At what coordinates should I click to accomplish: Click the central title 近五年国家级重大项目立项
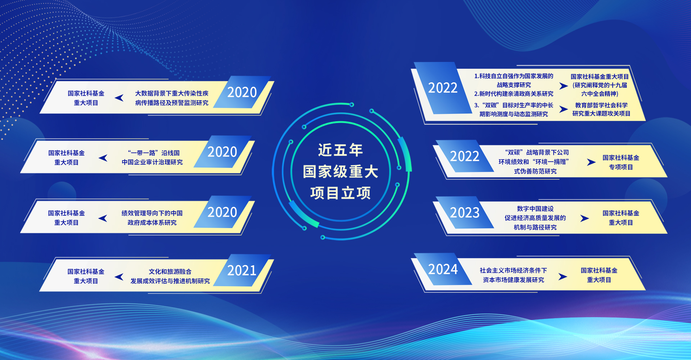(x=340, y=171)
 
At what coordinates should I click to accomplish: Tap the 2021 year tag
(x=241, y=270)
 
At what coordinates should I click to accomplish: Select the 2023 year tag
(x=465, y=213)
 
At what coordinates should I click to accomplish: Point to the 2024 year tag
(x=443, y=269)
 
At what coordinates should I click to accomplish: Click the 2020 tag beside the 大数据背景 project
(x=242, y=92)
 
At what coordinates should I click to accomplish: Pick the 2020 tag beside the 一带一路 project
(x=222, y=152)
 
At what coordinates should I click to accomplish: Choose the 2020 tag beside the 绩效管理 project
(x=222, y=212)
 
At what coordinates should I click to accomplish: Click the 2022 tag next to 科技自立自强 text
(x=443, y=88)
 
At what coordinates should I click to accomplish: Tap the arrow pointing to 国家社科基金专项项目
(x=591, y=162)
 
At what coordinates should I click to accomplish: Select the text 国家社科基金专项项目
(x=621, y=162)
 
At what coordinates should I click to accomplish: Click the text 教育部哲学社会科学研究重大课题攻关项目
(x=601, y=109)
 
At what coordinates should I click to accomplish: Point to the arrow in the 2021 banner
(x=119, y=276)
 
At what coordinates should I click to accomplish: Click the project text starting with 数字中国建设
(x=535, y=218)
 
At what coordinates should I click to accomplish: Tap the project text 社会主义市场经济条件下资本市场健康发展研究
(x=513, y=275)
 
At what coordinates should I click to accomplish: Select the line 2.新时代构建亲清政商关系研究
(x=514, y=94)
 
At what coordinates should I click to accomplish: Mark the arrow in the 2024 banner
(x=563, y=276)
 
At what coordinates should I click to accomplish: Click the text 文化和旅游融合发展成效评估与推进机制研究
(x=170, y=276)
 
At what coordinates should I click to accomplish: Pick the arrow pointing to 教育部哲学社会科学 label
(x=564, y=109)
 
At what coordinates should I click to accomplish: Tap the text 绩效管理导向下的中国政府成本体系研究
(x=152, y=218)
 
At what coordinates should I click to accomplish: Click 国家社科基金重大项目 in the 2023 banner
(x=621, y=218)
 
